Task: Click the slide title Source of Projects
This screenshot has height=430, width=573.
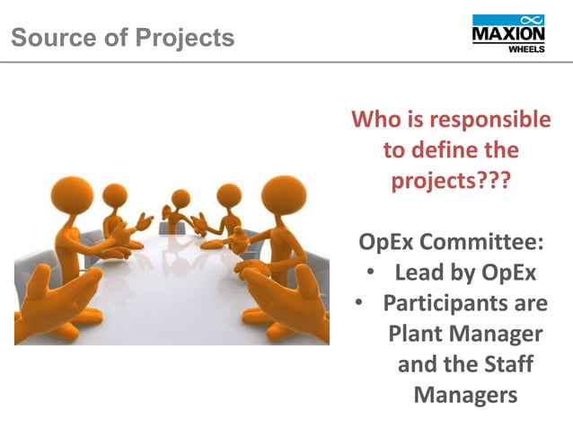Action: point(123,39)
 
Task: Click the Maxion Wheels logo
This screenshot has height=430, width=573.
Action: point(507,34)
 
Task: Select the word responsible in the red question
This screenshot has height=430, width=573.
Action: point(490,120)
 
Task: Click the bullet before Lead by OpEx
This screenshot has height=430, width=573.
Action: point(373,273)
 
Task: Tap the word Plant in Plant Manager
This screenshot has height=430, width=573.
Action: point(419,334)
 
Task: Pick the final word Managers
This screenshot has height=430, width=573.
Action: point(465,395)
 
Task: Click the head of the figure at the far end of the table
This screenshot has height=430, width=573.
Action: point(181,197)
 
